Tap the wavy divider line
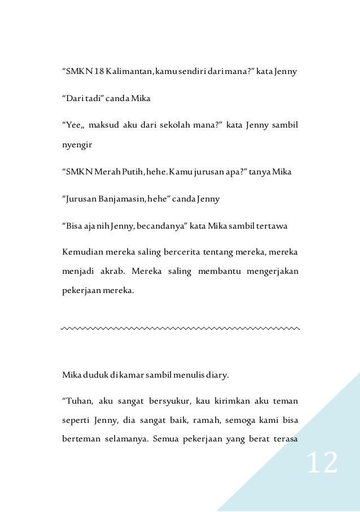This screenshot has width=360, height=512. (x=180, y=327)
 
